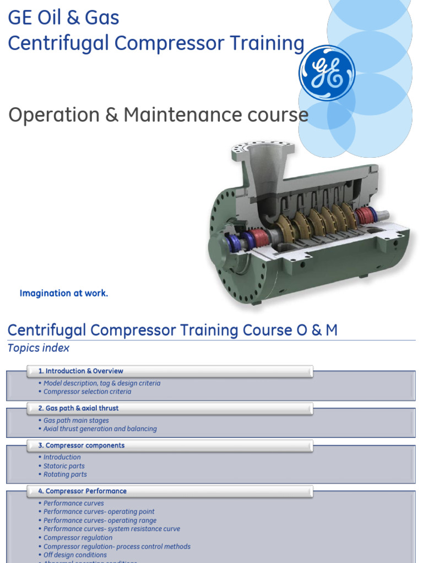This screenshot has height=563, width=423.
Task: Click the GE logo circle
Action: coord(327,73)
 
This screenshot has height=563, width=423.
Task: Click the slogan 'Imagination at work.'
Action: coord(64,293)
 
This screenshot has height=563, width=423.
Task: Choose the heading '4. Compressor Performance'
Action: coord(86,491)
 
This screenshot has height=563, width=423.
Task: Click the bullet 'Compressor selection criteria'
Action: coord(87,392)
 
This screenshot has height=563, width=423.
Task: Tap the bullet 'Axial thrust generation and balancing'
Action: coord(100,429)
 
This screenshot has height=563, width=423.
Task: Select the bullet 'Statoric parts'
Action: coord(64,466)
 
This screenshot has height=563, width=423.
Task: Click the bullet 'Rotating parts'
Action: coord(65,474)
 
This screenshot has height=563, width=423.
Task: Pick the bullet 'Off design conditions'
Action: coord(75,555)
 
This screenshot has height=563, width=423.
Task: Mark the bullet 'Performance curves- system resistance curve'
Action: coord(112,529)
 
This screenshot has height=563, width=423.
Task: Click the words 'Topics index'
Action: coord(39,348)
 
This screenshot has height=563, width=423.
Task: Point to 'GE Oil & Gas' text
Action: coord(63,18)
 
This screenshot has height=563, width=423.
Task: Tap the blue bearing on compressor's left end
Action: coord(231,242)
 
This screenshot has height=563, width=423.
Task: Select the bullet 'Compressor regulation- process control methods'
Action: coord(117,547)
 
